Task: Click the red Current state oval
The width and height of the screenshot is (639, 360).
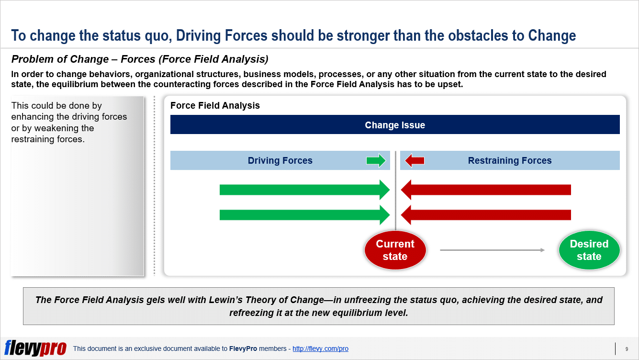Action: (x=395, y=250)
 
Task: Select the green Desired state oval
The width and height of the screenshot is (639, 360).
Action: (x=589, y=250)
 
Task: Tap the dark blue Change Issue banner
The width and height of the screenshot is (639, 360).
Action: (x=395, y=124)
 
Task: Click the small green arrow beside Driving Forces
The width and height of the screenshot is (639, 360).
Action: (x=376, y=160)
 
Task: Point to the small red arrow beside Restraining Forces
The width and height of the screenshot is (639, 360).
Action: (x=415, y=160)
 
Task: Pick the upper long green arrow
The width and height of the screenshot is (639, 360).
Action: (x=305, y=190)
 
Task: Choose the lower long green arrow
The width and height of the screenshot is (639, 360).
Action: (x=305, y=215)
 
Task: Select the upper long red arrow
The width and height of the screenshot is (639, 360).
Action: (x=486, y=190)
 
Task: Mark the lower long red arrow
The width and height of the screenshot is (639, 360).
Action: (x=486, y=215)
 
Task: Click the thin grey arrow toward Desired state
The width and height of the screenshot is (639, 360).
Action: (x=493, y=250)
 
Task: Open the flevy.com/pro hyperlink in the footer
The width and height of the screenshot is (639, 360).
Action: (x=320, y=349)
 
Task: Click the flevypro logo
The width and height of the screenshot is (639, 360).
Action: (x=35, y=348)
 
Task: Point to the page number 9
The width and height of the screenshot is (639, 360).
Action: (x=627, y=349)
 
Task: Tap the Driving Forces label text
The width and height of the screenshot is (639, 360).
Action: (x=280, y=160)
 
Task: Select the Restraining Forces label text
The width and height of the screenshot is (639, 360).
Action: (x=510, y=160)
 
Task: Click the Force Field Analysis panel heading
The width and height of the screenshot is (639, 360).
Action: (x=215, y=105)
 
